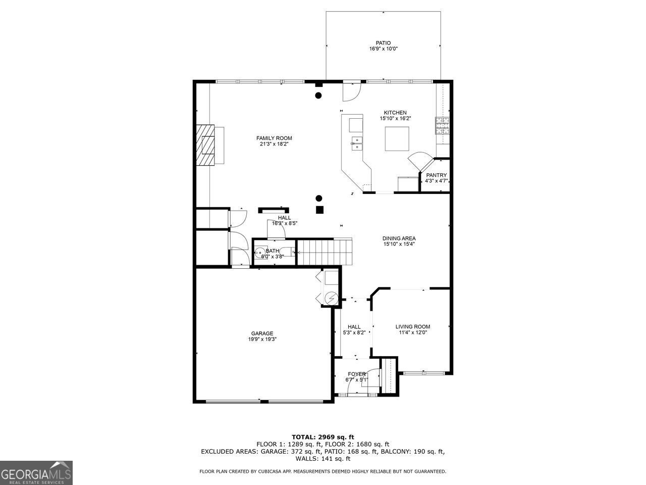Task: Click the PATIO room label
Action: (x=383, y=43)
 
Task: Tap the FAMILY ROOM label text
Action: (x=274, y=138)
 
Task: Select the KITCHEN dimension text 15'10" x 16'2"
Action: (x=395, y=118)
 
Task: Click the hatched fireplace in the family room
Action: (x=205, y=145)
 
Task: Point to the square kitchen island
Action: (x=397, y=139)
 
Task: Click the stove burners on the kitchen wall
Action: (x=442, y=125)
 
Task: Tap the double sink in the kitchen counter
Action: (x=357, y=143)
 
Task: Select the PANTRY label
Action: (x=437, y=175)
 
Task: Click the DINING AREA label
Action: (x=399, y=238)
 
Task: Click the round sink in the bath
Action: (x=260, y=253)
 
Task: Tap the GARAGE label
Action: (x=262, y=333)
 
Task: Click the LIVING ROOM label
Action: (x=413, y=326)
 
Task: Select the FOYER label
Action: (x=357, y=374)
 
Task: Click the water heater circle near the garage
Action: (x=332, y=299)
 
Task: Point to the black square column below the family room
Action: (x=319, y=210)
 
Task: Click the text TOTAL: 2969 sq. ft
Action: (x=323, y=437)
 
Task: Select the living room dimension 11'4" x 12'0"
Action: (x=413, y=332)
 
